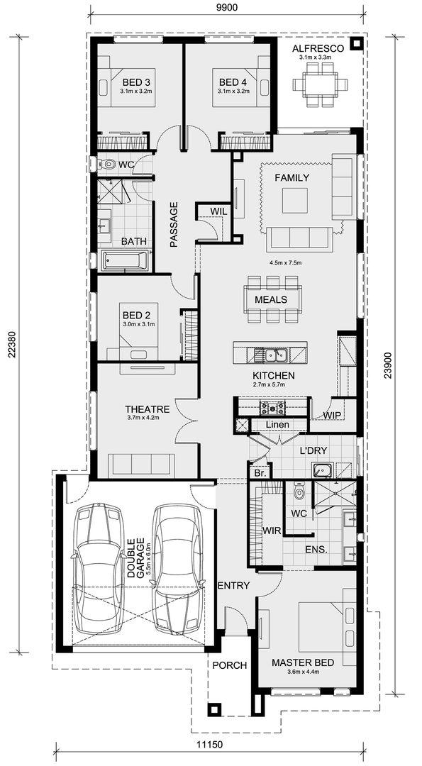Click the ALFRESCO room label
pyautogui.click(x=318, y=48)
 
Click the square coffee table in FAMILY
pyautogui.click(x=295, y=200)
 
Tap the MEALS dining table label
pyautogui.click(x=271, y=299)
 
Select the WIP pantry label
pyautogui.click(x=332, y=415)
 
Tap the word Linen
pyautogui.click(x=277, y=425)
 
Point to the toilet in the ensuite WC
pyautogui.click(x=299, y=490)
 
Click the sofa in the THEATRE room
pyautogui.click(x=140, y=464)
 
